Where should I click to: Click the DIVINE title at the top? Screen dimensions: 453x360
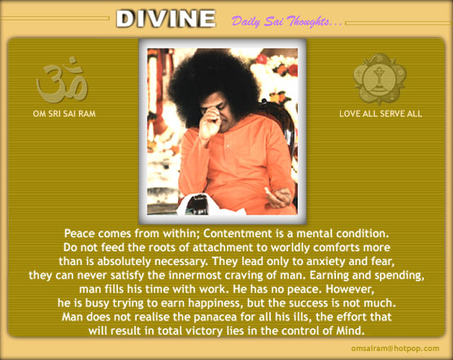click(166, 19)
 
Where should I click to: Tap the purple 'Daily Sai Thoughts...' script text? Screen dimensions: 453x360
click(286, 21)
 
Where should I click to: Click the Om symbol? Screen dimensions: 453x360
click(62, 80)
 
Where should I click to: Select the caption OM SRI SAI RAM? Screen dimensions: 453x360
click(64, 114)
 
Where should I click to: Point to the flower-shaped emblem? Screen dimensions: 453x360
click(380, 79)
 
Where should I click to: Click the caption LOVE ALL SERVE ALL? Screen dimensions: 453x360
click(381, 114)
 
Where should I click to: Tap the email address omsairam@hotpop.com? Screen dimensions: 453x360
click(395, 349)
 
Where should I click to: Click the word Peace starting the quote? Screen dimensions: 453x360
click(80, 233)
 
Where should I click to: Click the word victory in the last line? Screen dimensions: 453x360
click(203, 331)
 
